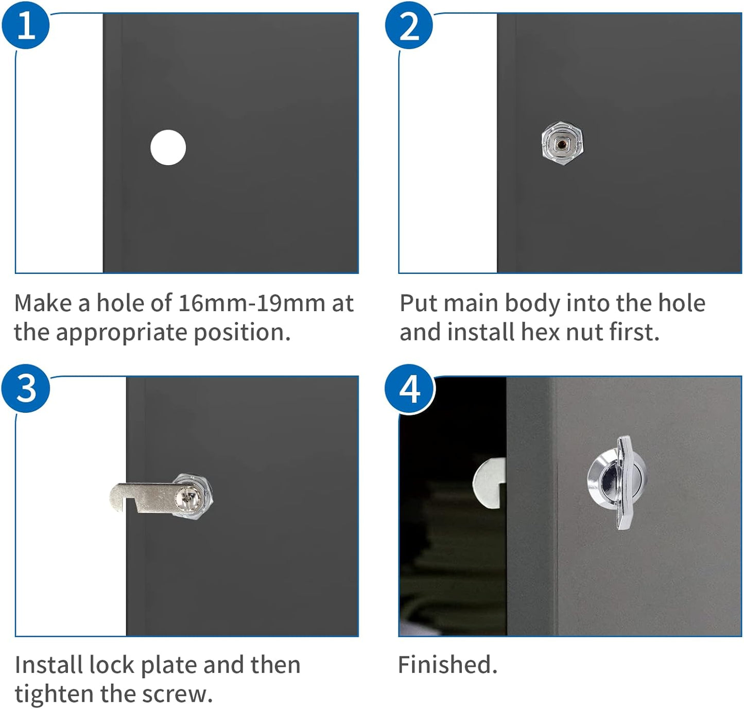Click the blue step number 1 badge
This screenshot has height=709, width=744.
point(25,25)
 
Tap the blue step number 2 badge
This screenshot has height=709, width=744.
point(409,25)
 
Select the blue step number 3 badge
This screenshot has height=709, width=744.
point(25,388)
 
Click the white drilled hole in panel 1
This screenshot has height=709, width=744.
point(168,147)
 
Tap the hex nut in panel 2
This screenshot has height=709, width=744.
point(562,143)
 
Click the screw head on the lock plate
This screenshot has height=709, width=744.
point(187,497)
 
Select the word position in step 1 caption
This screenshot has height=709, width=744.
point(242,333)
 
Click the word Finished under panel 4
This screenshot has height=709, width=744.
point(447,665)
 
